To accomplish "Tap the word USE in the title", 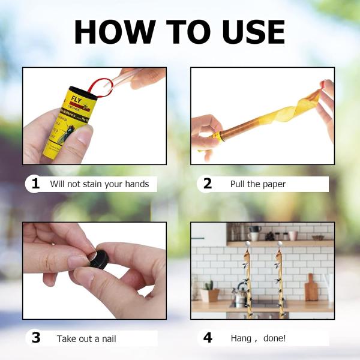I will tap(251, 32).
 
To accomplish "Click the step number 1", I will tap(35, 184).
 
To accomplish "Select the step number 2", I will tap(208, 184).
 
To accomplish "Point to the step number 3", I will tap(35, 338).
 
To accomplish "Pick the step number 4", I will tap(208, 338).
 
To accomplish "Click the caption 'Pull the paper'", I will tap(257, 184).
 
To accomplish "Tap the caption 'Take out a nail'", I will tap(86, 338).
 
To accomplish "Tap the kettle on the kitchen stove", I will tap(241, 294).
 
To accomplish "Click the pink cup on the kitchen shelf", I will tap(293, 235).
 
